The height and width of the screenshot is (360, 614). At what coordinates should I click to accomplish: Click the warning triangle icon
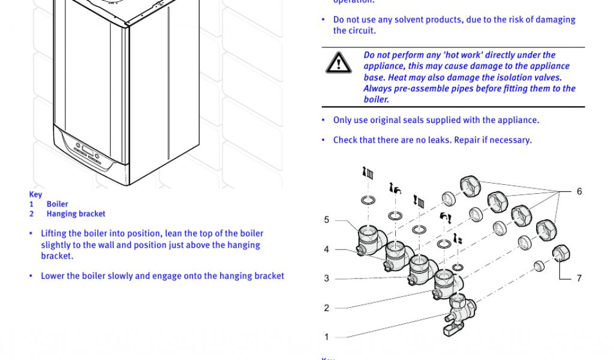tap(339, 63)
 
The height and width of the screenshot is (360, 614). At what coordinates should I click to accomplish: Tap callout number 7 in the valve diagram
tap(579, 278)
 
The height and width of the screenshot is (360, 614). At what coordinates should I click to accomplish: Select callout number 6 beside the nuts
tap(579, 191)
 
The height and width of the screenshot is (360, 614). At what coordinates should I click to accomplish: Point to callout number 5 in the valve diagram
tap(327, 220)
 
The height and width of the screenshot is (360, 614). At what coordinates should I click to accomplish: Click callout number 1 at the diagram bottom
tap(327, 337)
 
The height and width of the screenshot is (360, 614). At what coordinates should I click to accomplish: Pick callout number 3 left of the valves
tap(327, 278)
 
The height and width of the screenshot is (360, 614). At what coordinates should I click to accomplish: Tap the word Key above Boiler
tap(35, 194)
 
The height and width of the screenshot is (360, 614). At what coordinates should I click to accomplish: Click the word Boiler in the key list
tap(58, 204)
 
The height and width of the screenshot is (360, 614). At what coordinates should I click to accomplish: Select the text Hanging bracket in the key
tap(76, 214)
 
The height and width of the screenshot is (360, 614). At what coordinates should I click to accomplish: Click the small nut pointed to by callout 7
tap(561, 253)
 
